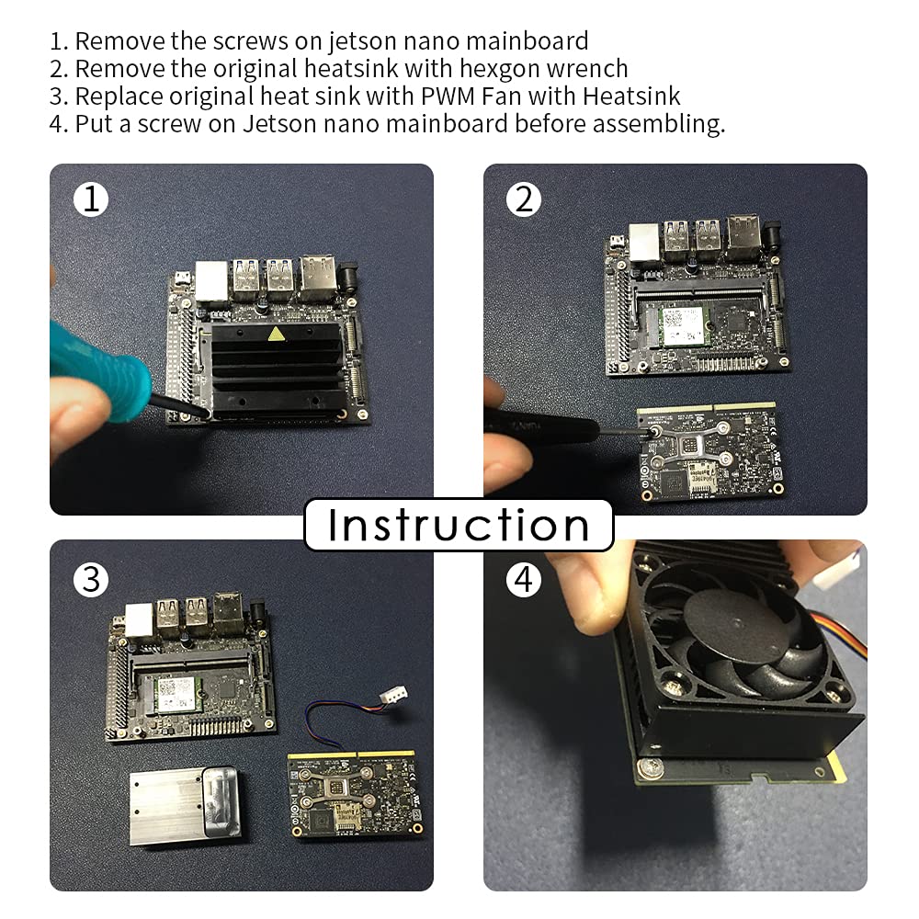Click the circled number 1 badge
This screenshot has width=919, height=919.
click(x=91, y=199)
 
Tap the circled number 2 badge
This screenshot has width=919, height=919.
click(x=524, y=199)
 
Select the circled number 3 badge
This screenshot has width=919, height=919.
click(x=91, y=580)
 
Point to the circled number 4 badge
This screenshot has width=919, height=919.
click(x=524, y=580)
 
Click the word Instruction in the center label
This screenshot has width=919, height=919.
click(x=459, y=525)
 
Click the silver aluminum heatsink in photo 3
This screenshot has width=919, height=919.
click(x=185, y=805)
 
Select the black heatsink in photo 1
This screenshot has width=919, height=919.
click(x=276, y=369)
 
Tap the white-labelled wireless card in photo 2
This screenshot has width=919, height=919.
click(x=682, y=326)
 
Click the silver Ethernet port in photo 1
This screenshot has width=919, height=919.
click(x=211, y=282)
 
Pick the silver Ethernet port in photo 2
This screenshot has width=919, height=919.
click(x=645, y=242)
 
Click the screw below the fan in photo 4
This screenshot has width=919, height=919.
click(x=652, y=768)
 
